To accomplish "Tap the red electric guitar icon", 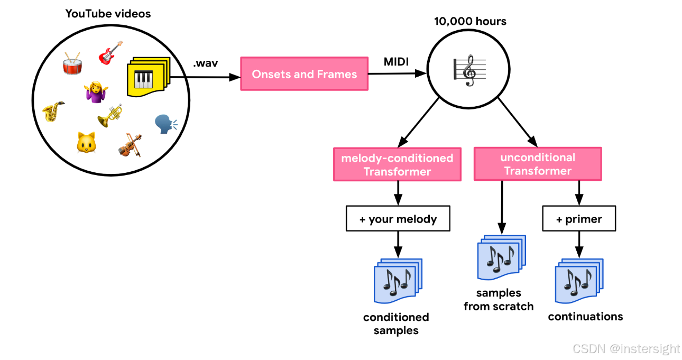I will click(110, 53).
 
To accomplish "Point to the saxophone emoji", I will click(53, 111).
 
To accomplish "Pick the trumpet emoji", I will click(110, 115).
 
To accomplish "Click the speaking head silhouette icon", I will click(165, 125).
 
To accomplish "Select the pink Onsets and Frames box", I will click(304, 74).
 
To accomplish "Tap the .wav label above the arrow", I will click(205, 63).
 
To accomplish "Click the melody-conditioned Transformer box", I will click(397, 164).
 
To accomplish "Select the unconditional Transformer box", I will click(538, 164).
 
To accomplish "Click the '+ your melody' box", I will click(398, 219).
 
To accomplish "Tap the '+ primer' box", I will click(579, 219).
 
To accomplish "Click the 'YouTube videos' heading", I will click(108, 14).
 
